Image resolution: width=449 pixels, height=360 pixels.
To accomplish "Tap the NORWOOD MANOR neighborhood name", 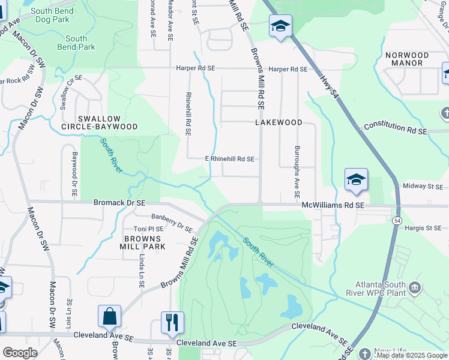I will click(x=406, y=59).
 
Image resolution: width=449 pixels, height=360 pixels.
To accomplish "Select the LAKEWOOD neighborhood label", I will click(x=279, y=122).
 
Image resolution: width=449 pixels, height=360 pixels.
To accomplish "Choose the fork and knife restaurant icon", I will click(x=172, y=322).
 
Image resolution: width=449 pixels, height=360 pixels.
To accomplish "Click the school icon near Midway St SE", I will click(x=356, y=179).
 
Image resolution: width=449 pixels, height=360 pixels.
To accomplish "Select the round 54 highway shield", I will click(x=397, y=221).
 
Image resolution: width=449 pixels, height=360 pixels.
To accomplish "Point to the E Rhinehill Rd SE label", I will click(x=230, y=159).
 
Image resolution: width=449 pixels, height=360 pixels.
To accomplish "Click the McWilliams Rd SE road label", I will click(x=333, y=205).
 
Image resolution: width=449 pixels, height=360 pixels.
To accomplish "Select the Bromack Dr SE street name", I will click(x=119, y=203).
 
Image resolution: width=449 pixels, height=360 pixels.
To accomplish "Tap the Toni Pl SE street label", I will click(x=148, y=229).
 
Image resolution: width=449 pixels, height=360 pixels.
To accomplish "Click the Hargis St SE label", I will click(x=423, y=228).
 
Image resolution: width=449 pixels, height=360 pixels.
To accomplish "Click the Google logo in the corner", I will click(x=20, y=353).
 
